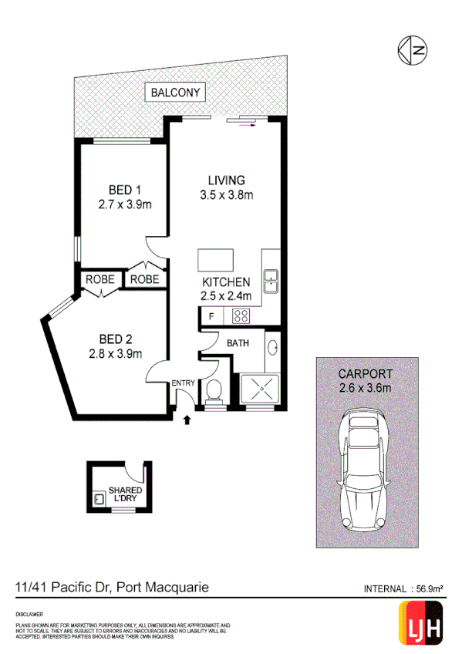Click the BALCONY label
click(x=177, y=93)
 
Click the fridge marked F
click(x=209, y=315)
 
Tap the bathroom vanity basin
click(x=274, y=349)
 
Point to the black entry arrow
click(x=186, y=420)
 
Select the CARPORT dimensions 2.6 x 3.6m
click(x=366, y=387)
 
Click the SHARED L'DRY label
click(x=124, y=494)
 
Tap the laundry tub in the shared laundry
click(x=99, y=499)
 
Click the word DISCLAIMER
click(x=29, y=613)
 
